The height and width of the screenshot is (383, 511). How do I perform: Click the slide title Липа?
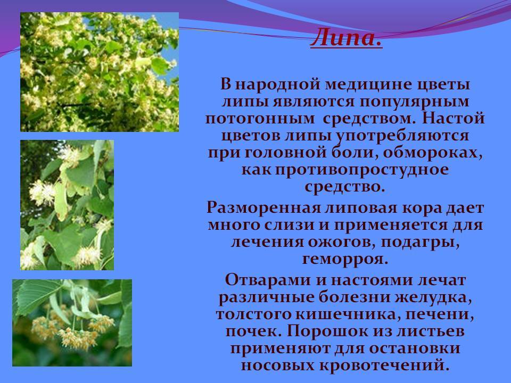tap(346, 37)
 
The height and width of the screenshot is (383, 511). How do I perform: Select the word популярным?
tap(414, 102)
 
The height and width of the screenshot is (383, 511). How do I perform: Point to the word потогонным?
tap(260, 119)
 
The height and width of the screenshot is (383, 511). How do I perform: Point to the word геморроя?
tap(345, 259)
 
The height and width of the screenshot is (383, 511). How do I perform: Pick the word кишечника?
tap(346, 314)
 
